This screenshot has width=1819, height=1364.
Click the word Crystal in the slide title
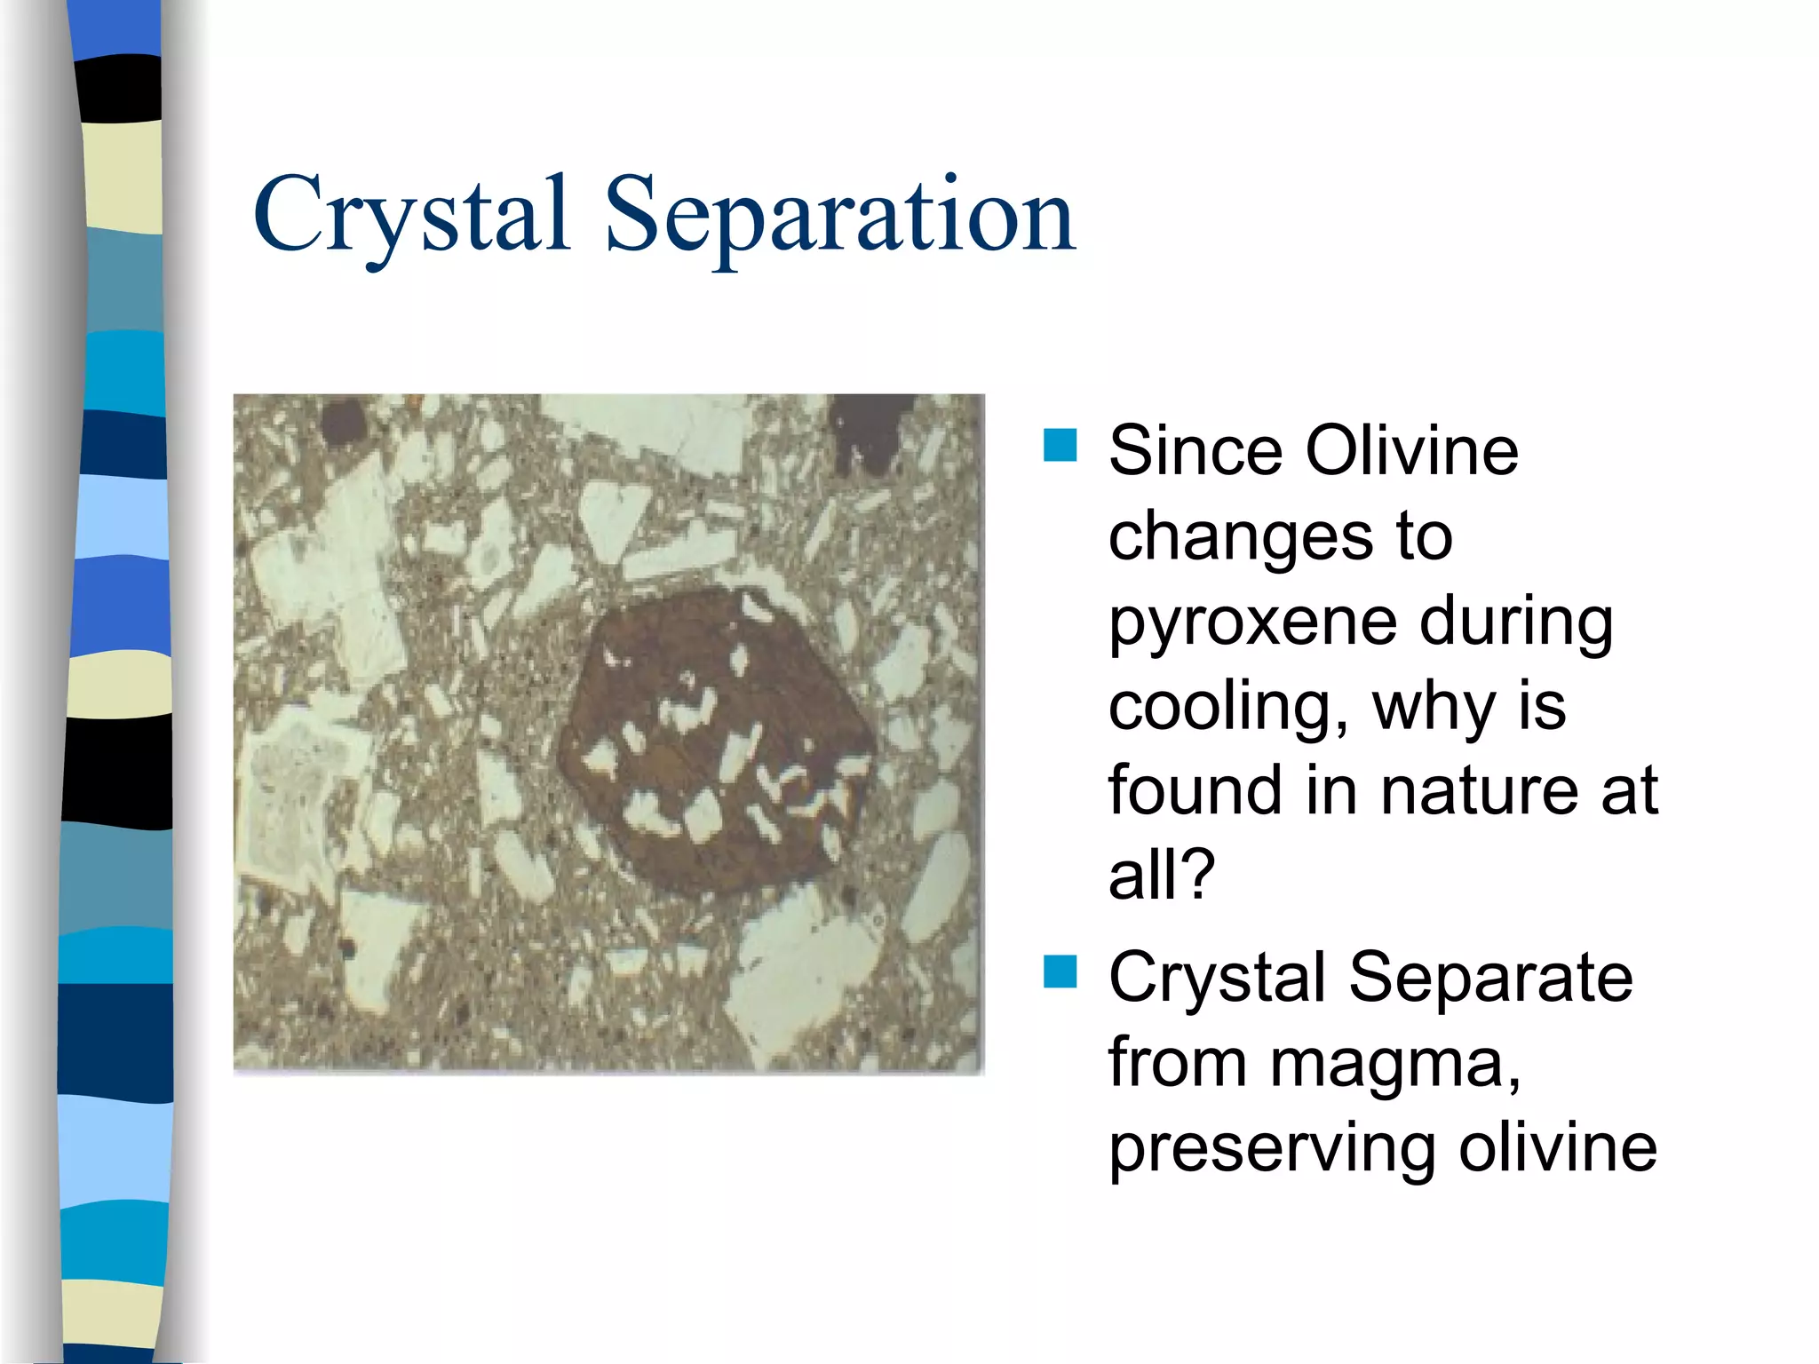(410, 215)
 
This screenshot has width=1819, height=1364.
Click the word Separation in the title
(839, 215)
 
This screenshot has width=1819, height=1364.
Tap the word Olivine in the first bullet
(1411, 451)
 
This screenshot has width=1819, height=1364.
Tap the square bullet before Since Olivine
(1060, 446)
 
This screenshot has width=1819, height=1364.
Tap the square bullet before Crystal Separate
(1060, 972)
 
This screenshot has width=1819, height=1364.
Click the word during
(1515, 622)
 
